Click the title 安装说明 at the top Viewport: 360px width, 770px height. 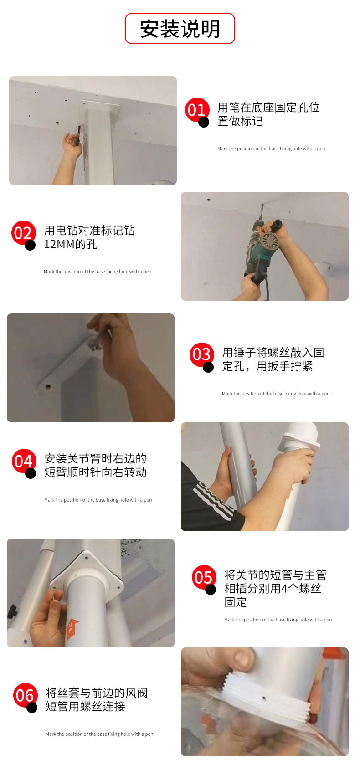coord(180,29)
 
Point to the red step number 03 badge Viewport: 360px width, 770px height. coord(201,355)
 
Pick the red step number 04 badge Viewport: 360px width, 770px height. coord(24,461)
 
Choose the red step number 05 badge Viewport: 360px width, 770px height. coord(204,577)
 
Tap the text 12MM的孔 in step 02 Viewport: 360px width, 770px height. coord(71,244)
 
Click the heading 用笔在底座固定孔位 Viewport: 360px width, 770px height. coord(268,108)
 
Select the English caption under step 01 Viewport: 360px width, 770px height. coord(271,149)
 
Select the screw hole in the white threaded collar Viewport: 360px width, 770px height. coord(263,698)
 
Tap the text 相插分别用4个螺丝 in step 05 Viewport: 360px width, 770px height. coord(273,589)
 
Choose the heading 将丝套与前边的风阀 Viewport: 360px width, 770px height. coord(97,693)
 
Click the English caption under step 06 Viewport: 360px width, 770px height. coord(99,734)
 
